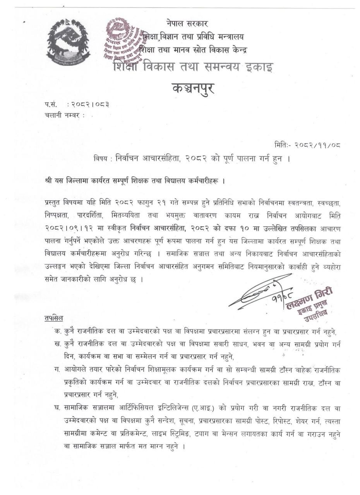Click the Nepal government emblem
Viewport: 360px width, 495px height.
[x=69, y=41]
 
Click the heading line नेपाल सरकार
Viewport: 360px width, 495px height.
[x=187, y=23]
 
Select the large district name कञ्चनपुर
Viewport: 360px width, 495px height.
[x=193, y=89]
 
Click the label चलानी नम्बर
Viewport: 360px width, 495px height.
[x=62, y=115]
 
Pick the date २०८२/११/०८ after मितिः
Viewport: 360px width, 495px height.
[x=317, y=145]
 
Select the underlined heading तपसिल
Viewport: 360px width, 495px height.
[x=54, y=318]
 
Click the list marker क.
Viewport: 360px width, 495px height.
[x=57, y=331]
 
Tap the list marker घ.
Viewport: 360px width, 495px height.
[x=57, y=407]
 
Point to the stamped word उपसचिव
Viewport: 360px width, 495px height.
[x=315, y=318]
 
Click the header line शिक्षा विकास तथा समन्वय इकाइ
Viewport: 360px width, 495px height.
[x=193, y=67]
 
